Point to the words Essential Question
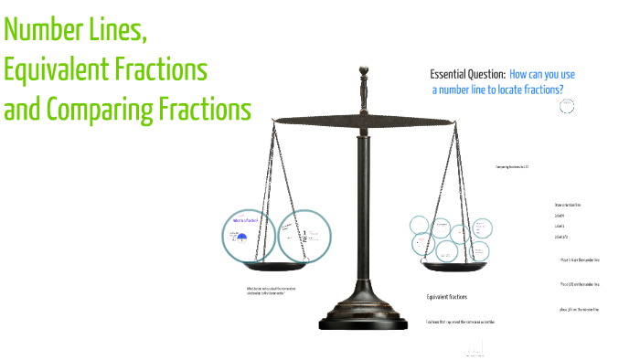click(x=466, y=74)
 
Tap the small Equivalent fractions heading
click(x=447, y=297)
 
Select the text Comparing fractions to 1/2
click(x=512, y=167)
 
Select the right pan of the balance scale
click(x=454, y=266)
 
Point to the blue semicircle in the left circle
click(x=243, y=238)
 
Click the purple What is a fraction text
click(x=245, y=221)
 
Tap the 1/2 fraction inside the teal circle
click(x=304, y=236)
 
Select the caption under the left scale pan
click(x=271, y=291)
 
